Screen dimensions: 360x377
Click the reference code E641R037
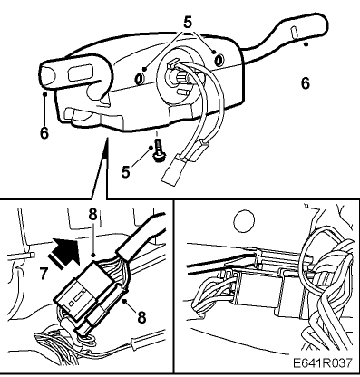(x=323, y=362)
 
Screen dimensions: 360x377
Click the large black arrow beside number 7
(x=64, y=252)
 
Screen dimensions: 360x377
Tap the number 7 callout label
(x=44, y=274)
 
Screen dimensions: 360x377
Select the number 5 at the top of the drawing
(x=188, y=23)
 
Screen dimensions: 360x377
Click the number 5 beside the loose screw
(x=126, y=172)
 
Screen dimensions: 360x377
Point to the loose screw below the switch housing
(x=157, y=150)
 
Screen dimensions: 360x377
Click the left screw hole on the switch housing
(x=140, y=79)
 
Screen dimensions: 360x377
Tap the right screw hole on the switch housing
(x=219, y=59)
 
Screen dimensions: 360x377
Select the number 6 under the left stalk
(x=44, y=132)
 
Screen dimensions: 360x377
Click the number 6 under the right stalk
(x=306, y=82)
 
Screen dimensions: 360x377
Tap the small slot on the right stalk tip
(x=294, y=33)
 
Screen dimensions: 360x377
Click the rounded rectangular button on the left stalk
(x=80, y=72)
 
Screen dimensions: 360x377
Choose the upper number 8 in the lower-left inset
(x=92, y=215)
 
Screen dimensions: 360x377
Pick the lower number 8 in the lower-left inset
(x=141, y=317)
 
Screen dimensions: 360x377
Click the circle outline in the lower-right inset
(x=244, y=221)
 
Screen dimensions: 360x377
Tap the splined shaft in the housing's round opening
(x=180, y=78)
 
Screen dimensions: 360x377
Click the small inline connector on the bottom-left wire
(x=135, y=343)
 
